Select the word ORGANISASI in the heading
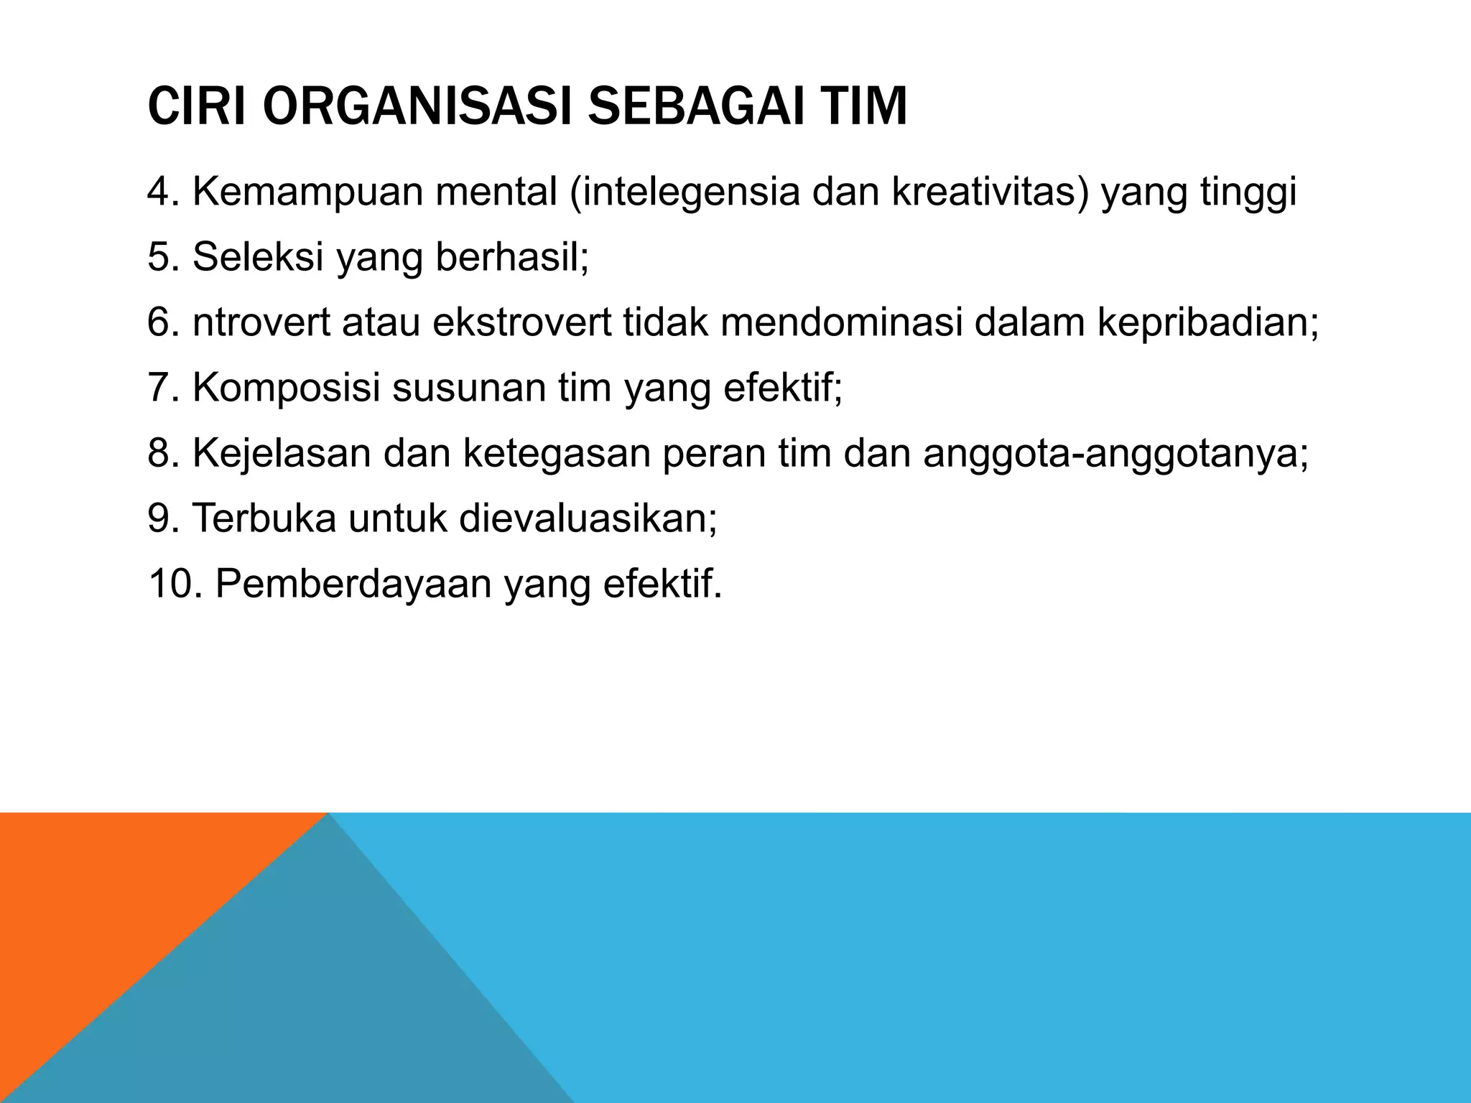(x=417, y=106)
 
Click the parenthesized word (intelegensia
(x=685, y=192)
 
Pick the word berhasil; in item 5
(x=512, y=256)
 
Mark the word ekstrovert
(x=522, y=322)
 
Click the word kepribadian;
(x=1207, y=324)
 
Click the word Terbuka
(x=264, y=518)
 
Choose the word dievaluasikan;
(x=588, y=518)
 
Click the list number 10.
(x=173, y=584)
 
